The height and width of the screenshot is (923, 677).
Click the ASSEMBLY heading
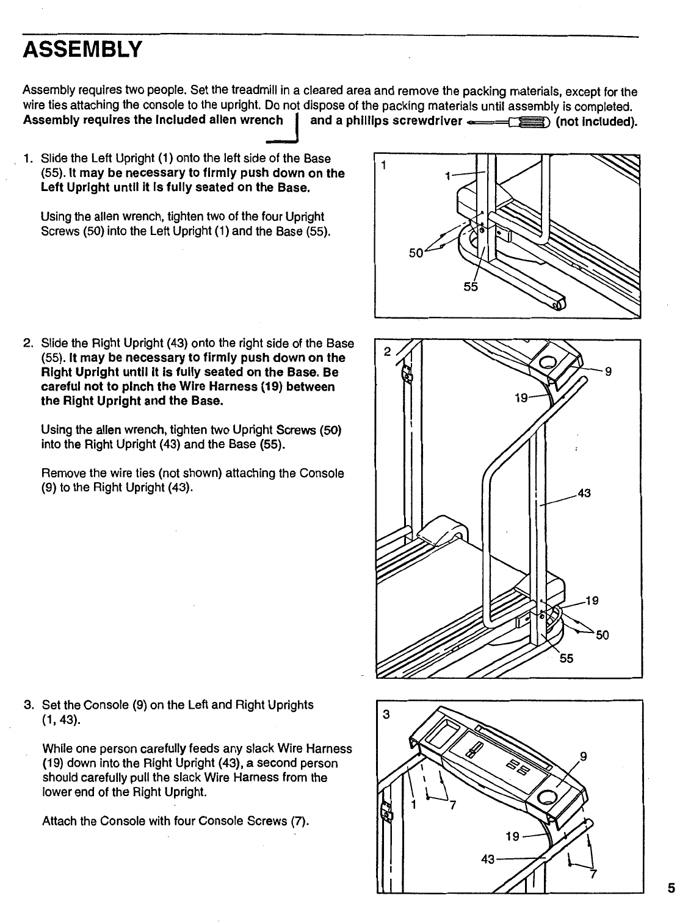[82, 48]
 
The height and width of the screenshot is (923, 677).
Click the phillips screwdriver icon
[510, 121]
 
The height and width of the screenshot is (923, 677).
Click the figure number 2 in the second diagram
[386, 352]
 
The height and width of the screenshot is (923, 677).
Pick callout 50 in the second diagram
[603, 635]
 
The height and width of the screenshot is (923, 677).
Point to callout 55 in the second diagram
[567, 658]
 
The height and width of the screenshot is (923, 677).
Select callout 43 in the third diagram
[488, 859]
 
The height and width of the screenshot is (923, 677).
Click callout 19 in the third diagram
[512, 836]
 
